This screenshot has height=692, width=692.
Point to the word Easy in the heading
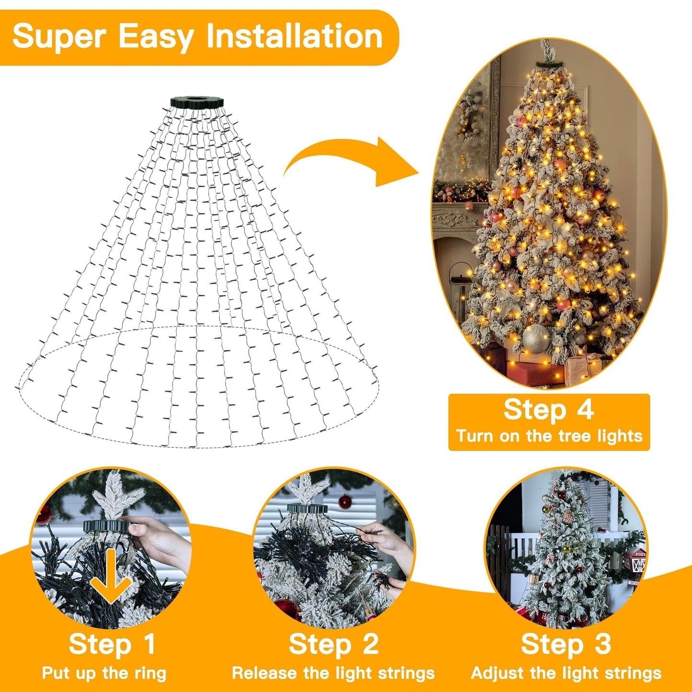(155, 37)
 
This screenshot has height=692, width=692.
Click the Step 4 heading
(548, 410)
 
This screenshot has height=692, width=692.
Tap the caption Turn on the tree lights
(549, 436)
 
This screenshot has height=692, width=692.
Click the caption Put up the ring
(104, 673)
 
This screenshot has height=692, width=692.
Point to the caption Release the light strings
(333, 673)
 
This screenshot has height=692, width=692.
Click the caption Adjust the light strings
(566, 673)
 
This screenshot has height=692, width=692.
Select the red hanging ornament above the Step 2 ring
(345, 502)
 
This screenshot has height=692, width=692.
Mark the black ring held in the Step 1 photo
(106, 525)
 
